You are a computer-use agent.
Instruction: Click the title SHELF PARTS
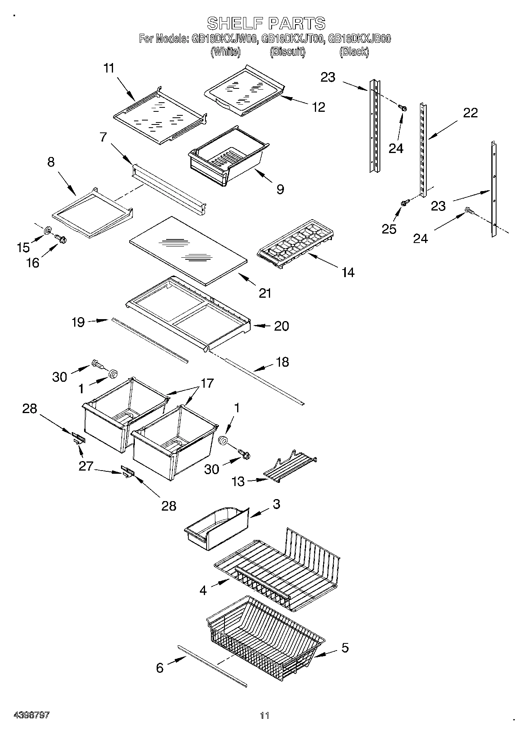[266, 23]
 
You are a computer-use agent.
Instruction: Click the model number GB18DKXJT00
[293, 39]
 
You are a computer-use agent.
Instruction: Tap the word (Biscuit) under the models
[288, 52]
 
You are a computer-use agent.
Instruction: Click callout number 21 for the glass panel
[265, 293]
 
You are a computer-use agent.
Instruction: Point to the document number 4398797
[32, 715]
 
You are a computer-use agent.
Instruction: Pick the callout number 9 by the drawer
[280, 189]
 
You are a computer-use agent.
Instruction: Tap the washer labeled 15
[48, 230]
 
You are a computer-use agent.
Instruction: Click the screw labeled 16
[61, 239]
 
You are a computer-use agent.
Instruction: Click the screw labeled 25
[404, 203]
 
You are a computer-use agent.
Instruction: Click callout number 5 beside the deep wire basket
[345, 647]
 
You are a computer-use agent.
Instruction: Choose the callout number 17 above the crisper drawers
[207, 383]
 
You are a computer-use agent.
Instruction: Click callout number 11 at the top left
[109, 68]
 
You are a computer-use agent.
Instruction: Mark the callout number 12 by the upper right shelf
[318, 107]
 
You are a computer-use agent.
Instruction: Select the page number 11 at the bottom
[265, 716]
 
